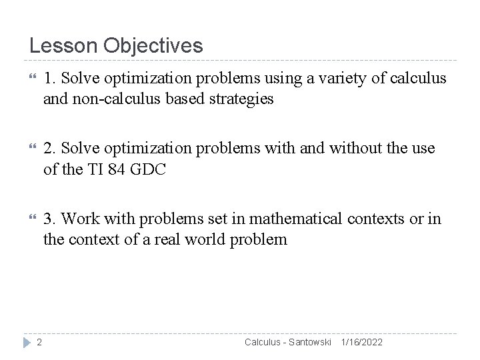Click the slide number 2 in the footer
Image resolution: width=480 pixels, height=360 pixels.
39,342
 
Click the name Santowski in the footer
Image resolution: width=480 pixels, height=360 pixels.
309,342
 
